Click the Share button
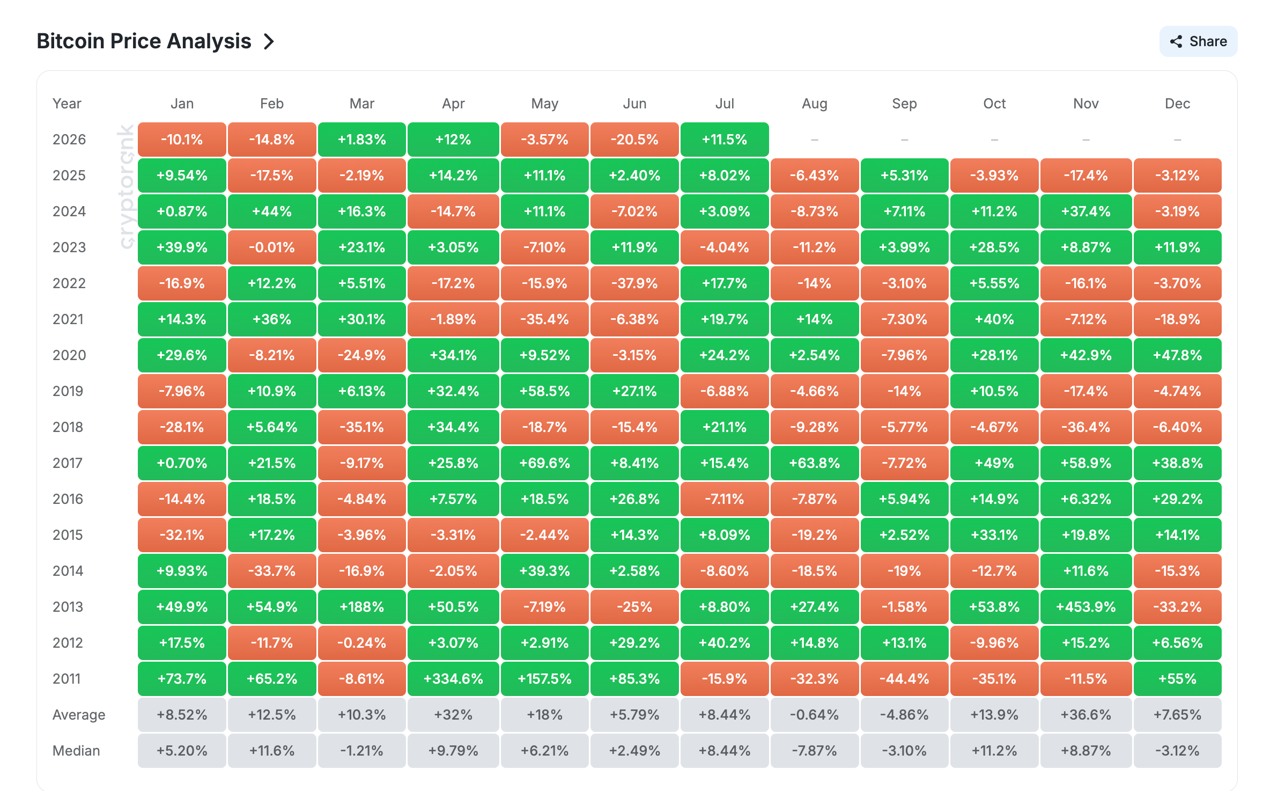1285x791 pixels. coord(1198,41)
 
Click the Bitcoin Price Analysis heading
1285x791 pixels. coord(144,41)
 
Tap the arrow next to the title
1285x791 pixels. coord(269,41)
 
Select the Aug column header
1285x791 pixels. coord(814,104)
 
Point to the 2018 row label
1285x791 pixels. coord(68,427)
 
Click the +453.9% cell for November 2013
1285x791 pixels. coord(1085,607)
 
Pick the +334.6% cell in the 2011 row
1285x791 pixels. coord(453,679)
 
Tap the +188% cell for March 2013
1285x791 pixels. coord(362,607)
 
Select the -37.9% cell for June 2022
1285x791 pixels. coord(634,283)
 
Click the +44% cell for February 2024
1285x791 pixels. coord(272,211)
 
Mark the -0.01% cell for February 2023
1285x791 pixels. coord(272,247)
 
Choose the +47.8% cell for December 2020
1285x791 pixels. coord(1177,355)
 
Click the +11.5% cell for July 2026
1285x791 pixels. coord(725,140)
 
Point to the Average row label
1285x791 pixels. coord(79,715)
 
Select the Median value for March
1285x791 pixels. coord(362,751)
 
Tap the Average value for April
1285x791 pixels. coord(453,715)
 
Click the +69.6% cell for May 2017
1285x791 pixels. coord(544,463)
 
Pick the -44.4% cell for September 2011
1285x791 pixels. coord(904,679)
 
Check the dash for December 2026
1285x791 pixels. coord(1177,140)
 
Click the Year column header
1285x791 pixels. coord(67,104)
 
